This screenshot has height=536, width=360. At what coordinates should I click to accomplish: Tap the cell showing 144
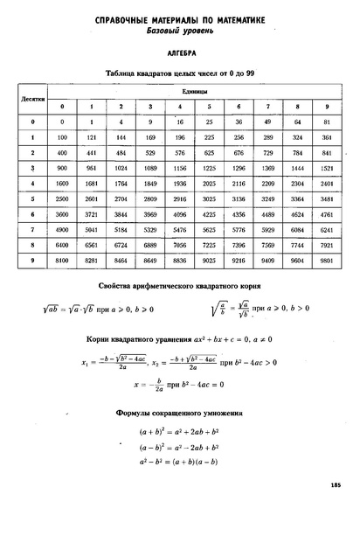click(121, 137)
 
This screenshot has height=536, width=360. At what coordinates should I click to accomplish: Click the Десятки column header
click(32, 99)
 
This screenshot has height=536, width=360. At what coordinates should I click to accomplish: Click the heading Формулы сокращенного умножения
click(179, 412)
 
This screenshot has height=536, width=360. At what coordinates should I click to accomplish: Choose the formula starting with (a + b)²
click(180, 431)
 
